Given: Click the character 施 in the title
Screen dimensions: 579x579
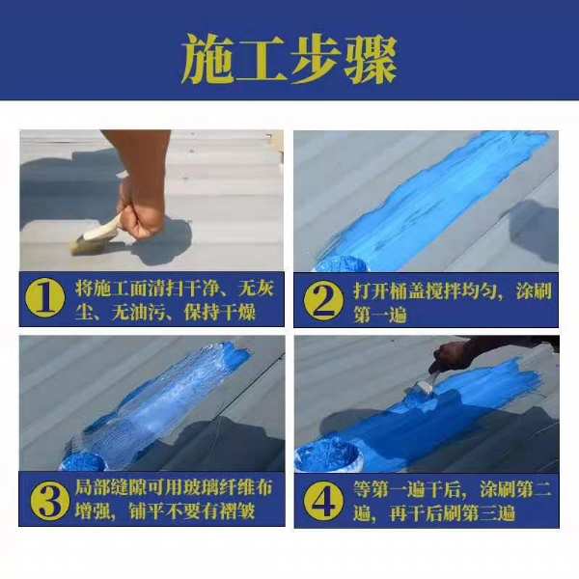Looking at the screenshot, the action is (x=207, y=59).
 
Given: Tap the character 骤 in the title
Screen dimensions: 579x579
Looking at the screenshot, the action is (x=371, y=59).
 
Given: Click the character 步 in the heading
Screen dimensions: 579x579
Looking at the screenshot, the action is (x=316, y=59).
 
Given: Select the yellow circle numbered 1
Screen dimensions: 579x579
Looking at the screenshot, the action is (x=45, y=298).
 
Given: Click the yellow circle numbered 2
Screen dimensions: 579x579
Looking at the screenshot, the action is (x=323, y=300).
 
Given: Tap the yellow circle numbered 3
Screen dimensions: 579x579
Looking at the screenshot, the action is (x=50, y=500).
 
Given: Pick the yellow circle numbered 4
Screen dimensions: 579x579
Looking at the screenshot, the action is (x=323, y=500).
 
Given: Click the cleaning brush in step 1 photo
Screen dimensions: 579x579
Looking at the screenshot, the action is (x=96, y=235).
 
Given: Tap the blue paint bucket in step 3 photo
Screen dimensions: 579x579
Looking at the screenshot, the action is (x=83, y=461).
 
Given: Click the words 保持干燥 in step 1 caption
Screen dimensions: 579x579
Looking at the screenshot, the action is (x=219, y=313).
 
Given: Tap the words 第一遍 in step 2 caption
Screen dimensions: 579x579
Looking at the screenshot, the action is (x=379, y=315).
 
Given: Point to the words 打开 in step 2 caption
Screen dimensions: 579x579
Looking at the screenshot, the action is (x=371, y=291).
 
